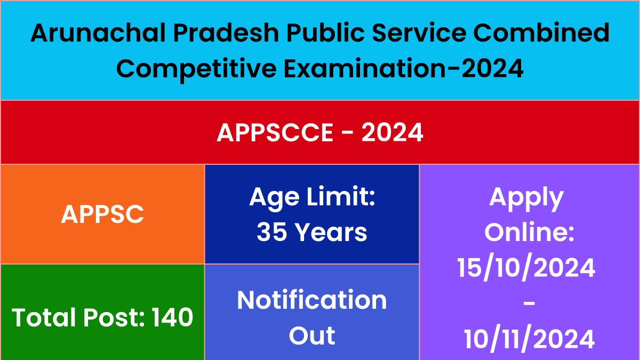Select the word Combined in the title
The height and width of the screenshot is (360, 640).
[x=542, y=33]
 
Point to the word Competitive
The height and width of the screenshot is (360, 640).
[x=196, y=69]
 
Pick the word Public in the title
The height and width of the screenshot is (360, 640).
[x=326, y=33]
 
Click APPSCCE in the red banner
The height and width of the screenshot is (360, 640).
[x=275, y=132]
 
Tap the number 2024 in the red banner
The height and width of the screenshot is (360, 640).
[x=392, y=132]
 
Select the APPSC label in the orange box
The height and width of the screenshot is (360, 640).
[x=102, y=214]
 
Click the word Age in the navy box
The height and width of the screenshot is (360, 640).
[x=275, y=198]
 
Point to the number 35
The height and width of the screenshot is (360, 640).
[x=271, y=232]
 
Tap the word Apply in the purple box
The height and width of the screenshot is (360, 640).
[x=526, y=198]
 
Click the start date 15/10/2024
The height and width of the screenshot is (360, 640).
[x=526, y=268]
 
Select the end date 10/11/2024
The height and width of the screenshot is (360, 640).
[x=529, y=339]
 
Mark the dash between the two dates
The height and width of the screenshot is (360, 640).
[x=529, y=305]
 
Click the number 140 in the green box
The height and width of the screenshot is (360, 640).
[x=172, y=317]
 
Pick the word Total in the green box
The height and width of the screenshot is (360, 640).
[x=44, y=317]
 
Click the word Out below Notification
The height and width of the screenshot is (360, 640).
[x=311, y=335]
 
